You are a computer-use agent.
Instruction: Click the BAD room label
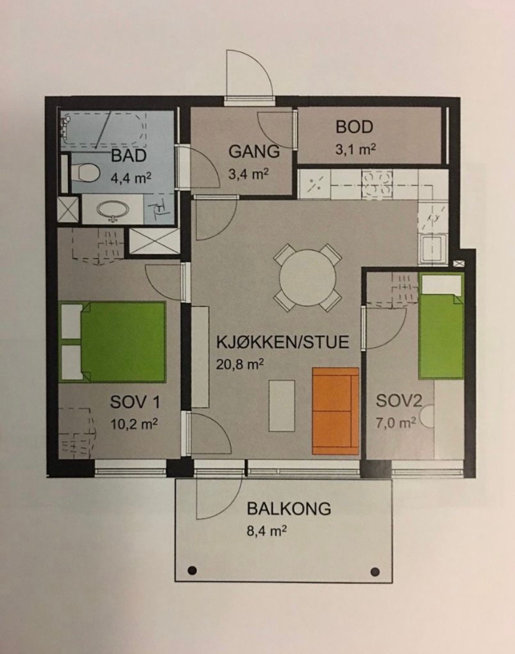(129, 156)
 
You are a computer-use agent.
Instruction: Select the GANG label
(254, 151)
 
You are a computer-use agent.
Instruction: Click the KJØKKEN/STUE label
(282, 342)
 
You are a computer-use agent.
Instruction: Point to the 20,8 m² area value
(240, 364)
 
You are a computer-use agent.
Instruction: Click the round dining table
(307, 277)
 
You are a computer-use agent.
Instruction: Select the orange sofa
(335, 411)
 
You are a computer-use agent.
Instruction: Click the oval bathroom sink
(113, 210)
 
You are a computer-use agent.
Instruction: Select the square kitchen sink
(433, 249)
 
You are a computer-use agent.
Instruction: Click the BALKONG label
(289, 508)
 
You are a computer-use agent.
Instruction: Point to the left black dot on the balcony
(192, 570)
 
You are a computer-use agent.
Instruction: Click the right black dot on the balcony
(375, 571)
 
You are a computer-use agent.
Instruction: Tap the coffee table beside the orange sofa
(281, 405)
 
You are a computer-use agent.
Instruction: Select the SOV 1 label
(135, 402)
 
